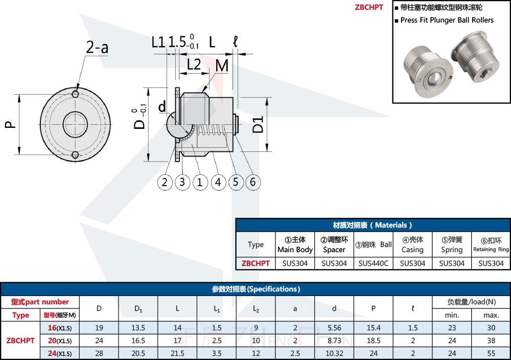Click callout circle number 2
pyautogui.click(x=165, y=182)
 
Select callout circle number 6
pyautogui.click(x=252, y=182)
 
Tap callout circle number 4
pyautogui.click(x=218, y=182)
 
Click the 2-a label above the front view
pyautogui.click(x=97, y=48)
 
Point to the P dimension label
pyautogui.click(x=11, y=125)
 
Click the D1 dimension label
pyautogui.click(x=259, y=125)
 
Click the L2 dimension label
pyautogui.click(x=193, y=64)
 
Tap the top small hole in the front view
pyautogui.click(x=75, y=95)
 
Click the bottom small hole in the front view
pyautogui.click(x=75, y=155)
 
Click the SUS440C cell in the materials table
pyautogui.click(x=374, y=263)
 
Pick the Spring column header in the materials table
pyautogui.click(x=452, y=244)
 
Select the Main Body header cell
pyautogui.click(x=295, y=244)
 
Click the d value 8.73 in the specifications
pyautogui.click(x=334, y=341)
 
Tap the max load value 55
pyautogui.click(x=491, y=353)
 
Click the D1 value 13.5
pyautogui.click(x=138, y=328)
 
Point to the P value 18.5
pyautogui.click(x=374, y=341)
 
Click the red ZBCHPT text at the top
pyautogui.click(x=369, y=7)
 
